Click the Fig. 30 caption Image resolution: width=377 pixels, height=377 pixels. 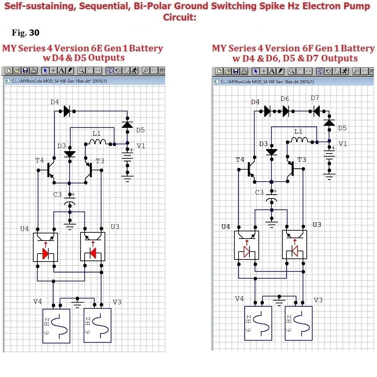pyautogui.click(x=25, y=33)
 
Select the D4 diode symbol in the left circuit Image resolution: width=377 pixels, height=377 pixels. pyautogui.click(x=67, y=111)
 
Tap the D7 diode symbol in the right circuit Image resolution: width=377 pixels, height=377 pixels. pyautogui.click(x=317, y=111)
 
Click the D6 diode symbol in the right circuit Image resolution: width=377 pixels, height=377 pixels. pyautogui.click(x=286, y=111)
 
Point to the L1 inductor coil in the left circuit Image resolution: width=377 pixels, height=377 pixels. pyautogui.click(x=97, y=142)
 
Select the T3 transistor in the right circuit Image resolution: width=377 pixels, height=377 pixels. pyautogui.click(x=291, y=169)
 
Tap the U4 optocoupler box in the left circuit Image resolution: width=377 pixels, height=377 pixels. pyautogui.click(x=45, y=247)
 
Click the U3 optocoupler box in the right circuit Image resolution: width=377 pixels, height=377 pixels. pyautogui.click(x=294, y=244)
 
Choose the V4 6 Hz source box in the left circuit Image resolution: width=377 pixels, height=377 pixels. pyautogui.click(x=56, y=326)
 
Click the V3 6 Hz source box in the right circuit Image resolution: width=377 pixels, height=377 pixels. pyautogui.click(x=299, y=324)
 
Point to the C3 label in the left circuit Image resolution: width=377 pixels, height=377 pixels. pyautogui.click(x=58, y=194)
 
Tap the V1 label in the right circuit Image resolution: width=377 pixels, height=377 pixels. pyautogui.click(x=343, y=144)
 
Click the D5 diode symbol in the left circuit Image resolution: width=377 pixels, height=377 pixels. pyautogui.click(x=127, y=125)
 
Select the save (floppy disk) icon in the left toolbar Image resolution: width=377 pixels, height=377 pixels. pyautogui.click(x=25, y=71)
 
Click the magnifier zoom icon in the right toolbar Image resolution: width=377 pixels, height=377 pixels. pyautogui.click(x=292, y=71)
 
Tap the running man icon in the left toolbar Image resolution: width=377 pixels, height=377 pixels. pyautogui.click(x=134, y=71)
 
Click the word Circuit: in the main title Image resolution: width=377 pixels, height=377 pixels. pyautogui.click(x=180, y=17)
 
